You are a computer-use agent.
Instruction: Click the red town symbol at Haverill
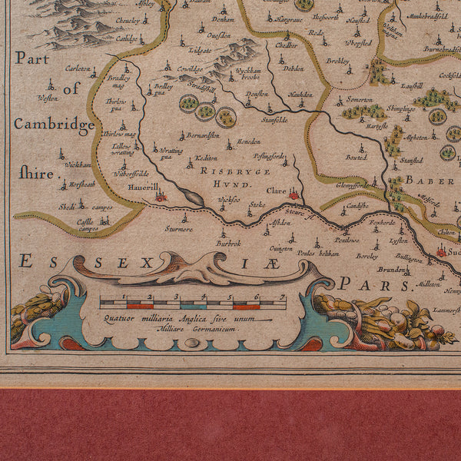[161, 197]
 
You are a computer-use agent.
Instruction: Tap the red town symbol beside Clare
[294, 195]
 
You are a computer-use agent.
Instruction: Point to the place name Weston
[48, 98]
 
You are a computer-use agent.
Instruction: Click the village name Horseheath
[81, 184]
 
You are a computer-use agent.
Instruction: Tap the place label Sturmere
[179, 228]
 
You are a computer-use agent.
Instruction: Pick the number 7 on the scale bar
[283, 296]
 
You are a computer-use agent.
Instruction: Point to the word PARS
[374, 284]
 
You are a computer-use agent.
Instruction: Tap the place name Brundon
[391, 270]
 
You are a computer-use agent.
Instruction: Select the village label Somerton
[359, 100]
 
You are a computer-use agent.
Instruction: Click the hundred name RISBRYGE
[225, 171]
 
